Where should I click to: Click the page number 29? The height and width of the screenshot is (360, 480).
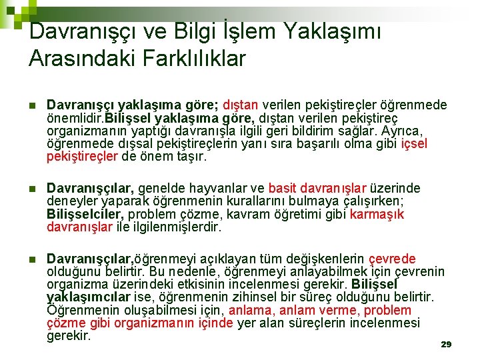pyautogui.click(x=446, y=344)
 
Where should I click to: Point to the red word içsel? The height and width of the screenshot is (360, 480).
pyautogui.click(x=414, y=143)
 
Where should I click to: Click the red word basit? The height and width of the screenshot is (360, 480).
pyautogui.click(x=283, y=188)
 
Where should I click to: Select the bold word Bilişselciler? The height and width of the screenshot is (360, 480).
pyautogui.click(x=85, y=214)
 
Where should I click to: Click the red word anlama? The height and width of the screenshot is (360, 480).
pyautogui.click(x=251, y=310)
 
